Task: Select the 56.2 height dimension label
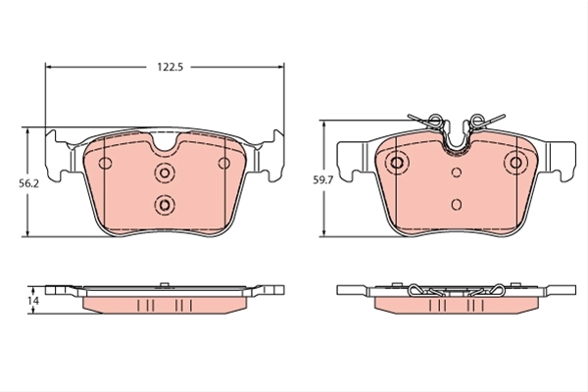(28, 184)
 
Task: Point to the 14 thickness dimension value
(33, 301)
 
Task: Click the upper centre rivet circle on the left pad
(165, 172)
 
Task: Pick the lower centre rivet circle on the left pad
(165, 205)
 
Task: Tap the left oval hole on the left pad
(105, 163)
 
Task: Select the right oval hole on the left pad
(224, 164)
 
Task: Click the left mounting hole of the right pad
(397, 163)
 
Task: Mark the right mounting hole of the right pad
(516, 163)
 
